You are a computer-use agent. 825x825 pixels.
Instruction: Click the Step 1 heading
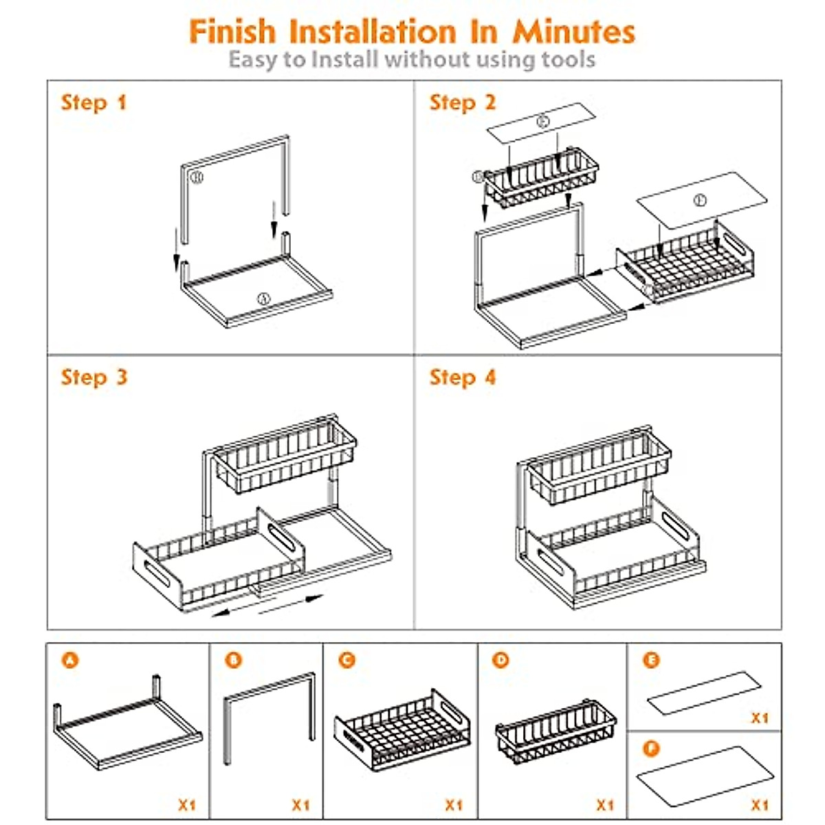tap(93, 103)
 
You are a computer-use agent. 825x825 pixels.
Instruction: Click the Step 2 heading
tap(462, 103)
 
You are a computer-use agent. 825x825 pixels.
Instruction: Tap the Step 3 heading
tap(94, 377)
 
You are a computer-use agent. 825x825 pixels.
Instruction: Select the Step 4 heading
tap(462, 377)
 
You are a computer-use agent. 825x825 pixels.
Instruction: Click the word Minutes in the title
tap(573, 32)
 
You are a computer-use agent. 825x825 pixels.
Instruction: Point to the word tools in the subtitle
tap(568, 60)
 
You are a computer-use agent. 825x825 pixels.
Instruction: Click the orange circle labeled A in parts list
tap(70, 661)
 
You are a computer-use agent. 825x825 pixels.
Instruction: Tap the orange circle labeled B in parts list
tap(234, 661)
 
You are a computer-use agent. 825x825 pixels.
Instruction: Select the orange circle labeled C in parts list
tap(347, 661)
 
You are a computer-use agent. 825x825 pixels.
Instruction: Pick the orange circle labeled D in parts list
tap(501, 661)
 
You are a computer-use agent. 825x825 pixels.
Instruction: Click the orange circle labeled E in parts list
tap(651, 661)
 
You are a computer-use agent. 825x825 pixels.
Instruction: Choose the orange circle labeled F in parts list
tap(651, 748)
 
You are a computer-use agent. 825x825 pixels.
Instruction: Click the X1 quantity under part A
tap(187, 804)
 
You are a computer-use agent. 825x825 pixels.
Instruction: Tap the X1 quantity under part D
tap(605, 804)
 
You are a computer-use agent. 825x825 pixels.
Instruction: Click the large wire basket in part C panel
tap(403, 729)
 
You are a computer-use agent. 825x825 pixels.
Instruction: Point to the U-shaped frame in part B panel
tap(269, 715)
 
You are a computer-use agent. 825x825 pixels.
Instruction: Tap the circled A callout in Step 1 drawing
tap(263, 298)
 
